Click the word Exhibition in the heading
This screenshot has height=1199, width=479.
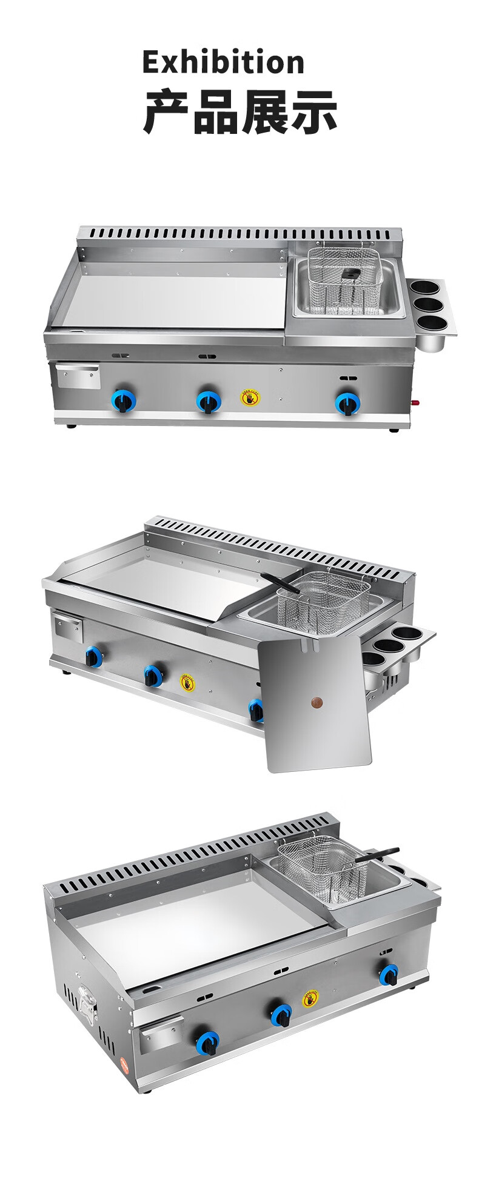223,62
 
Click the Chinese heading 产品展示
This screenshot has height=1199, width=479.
239,112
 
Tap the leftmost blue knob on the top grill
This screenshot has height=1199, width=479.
122,399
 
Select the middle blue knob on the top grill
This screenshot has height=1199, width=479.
208,400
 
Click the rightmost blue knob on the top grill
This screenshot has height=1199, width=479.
347,402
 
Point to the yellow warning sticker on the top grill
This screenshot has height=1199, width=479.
250,397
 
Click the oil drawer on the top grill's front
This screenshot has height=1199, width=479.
78,376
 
